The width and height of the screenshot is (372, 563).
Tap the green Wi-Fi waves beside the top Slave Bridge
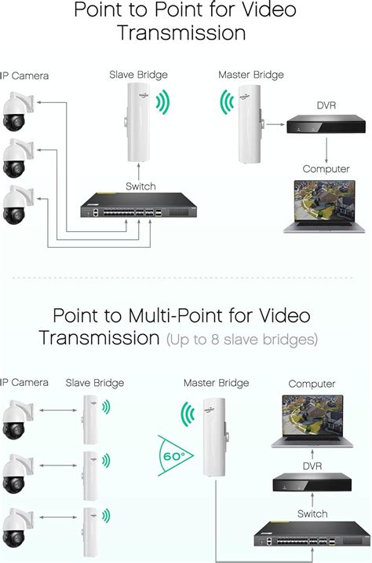point(162,103)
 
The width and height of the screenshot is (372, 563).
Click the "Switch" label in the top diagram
point(140,186)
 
